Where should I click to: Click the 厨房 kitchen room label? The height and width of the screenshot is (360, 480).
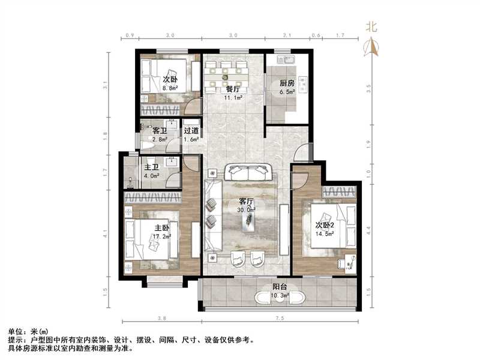[x=287, y=83]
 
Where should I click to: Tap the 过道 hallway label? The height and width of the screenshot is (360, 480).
[x=191, y=131]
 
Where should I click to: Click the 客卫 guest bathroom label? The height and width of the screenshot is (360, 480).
[x=160, y=131]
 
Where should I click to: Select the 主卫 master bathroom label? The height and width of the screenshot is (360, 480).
[x=151, y=167]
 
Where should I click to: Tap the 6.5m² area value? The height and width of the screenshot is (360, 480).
[x=287, y=92]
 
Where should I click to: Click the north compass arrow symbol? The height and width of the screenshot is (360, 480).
[x=371, y=47]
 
